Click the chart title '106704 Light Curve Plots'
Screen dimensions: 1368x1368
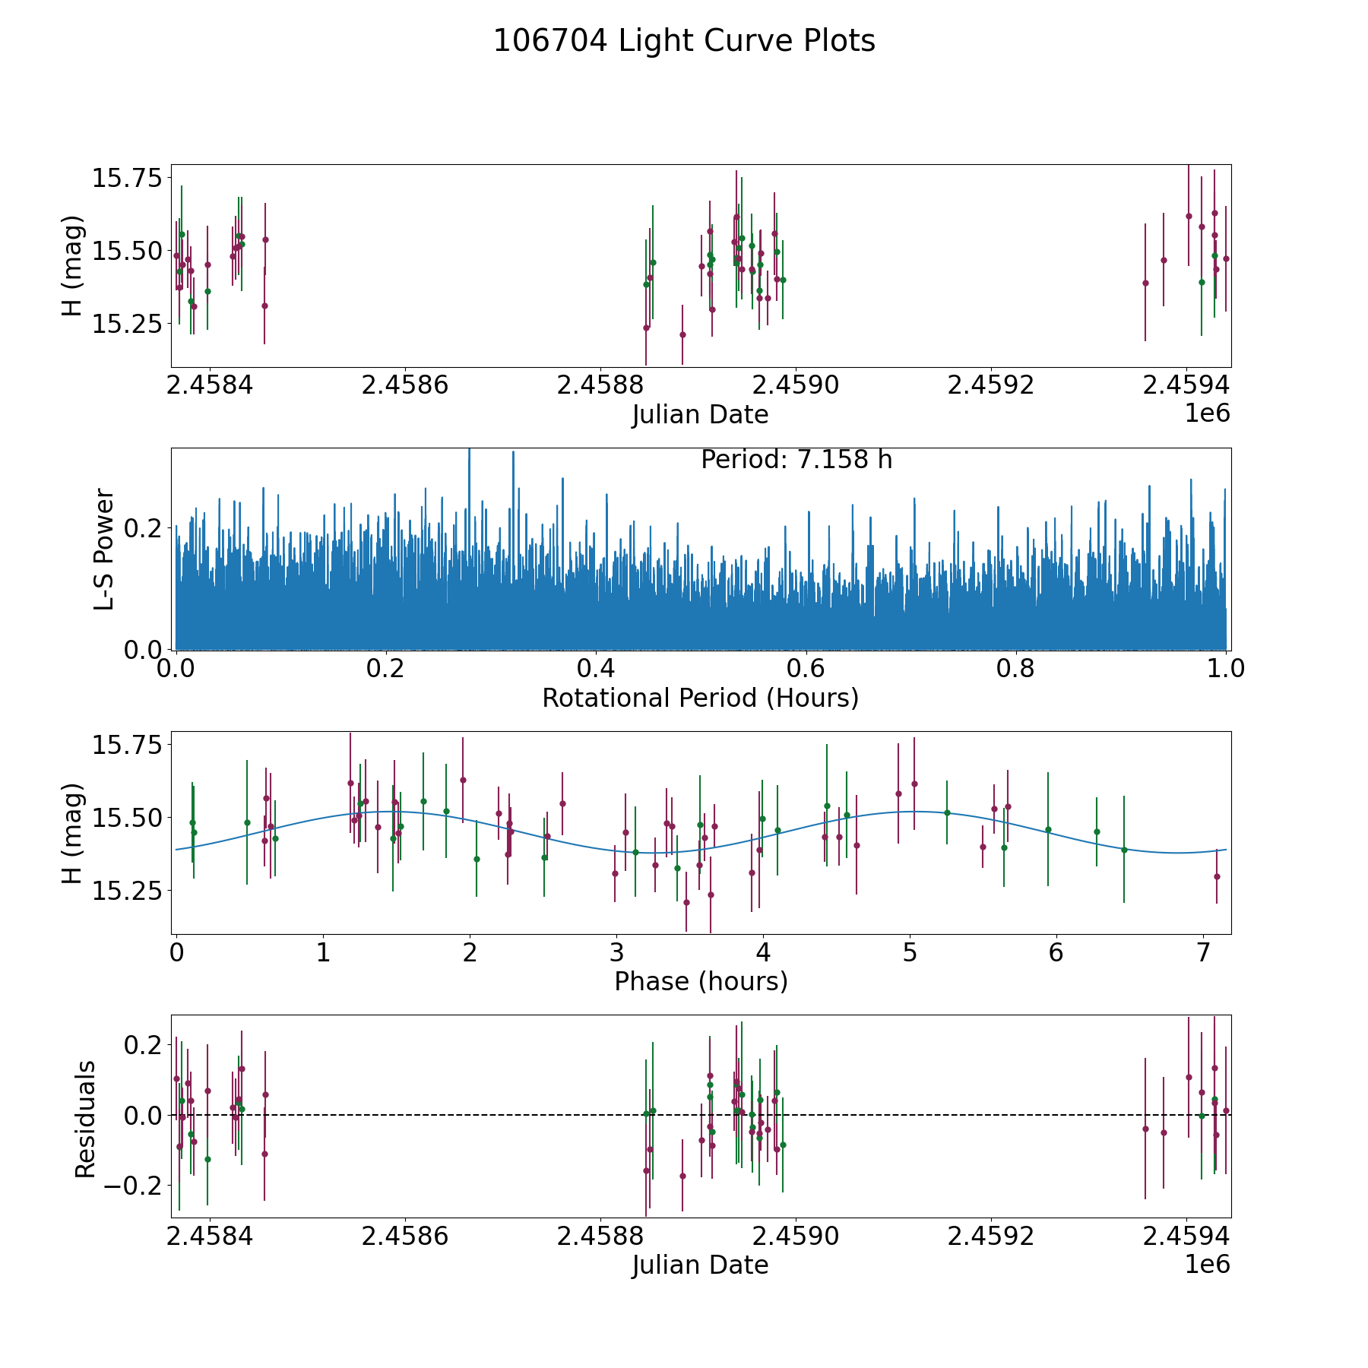[x=684, y=41]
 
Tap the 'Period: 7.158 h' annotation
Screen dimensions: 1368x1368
[x=796, y=460]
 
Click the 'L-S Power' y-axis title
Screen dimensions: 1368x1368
[x=104, y=549]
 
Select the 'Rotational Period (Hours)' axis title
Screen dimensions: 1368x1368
[x=700, y=698]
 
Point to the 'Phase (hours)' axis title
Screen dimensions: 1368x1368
[x=700, y=982]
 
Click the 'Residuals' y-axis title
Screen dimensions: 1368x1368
[x=85, y=1119]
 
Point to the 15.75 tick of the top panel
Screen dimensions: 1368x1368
[x=128, y=179]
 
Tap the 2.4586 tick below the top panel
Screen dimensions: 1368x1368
[x=404, y=385]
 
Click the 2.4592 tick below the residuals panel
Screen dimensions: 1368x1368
[x=991, y=1237]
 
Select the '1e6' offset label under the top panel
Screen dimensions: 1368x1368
[x=1207, y=413]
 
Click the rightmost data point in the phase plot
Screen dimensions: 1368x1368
[x=1217, y=876]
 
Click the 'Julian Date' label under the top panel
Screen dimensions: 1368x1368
[x=700, y=415]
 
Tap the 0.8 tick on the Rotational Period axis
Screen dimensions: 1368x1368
[x=1016, y=669]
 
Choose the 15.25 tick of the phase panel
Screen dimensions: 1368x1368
[x=128, y=891]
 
